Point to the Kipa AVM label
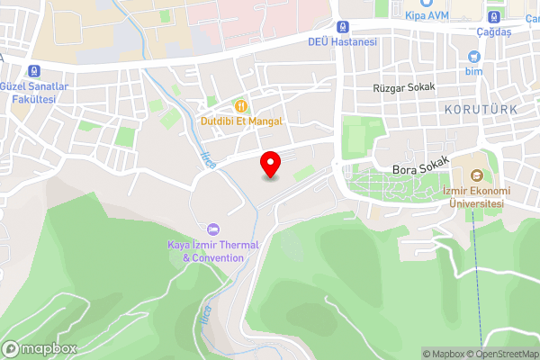(427, 16)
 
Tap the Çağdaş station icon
(493, 15)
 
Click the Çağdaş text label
(493, 31)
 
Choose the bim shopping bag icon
(473, 55)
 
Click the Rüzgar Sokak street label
(404, 87)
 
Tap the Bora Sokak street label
(420, 168)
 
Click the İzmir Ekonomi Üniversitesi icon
(476, 175)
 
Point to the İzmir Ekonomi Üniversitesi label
(476, 197)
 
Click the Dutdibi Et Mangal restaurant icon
(241, 105)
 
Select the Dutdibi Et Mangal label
(241, 121)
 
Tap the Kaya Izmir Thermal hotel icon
(213, 229)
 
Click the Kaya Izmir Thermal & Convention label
(213, 251)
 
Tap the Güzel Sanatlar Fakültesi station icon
(34, 71)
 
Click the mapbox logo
(40, 348)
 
